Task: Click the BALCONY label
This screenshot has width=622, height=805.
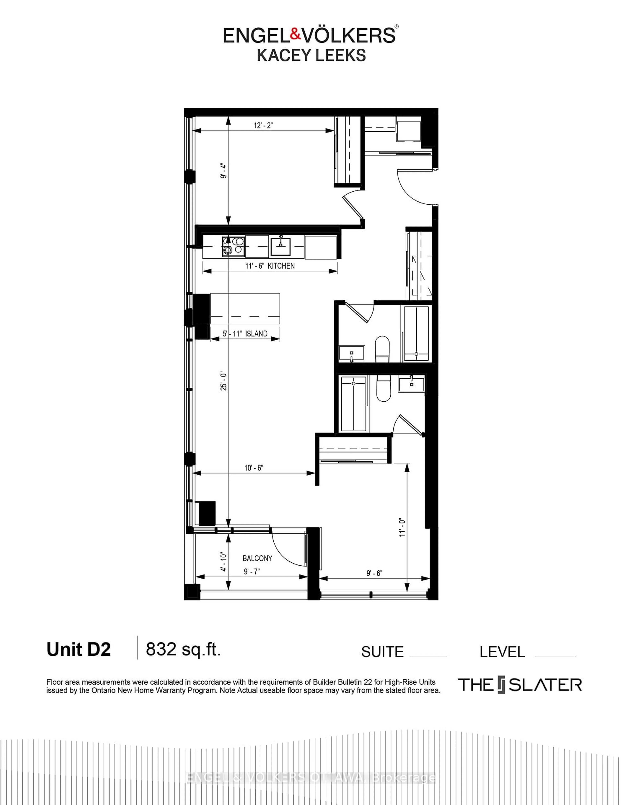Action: click(x=257, y=558)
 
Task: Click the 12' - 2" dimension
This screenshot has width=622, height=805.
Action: click(x=263, y=125)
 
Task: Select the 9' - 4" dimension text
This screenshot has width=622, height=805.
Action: click(x=223, y=171)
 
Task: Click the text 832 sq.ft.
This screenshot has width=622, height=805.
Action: click(x=183, y=649)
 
